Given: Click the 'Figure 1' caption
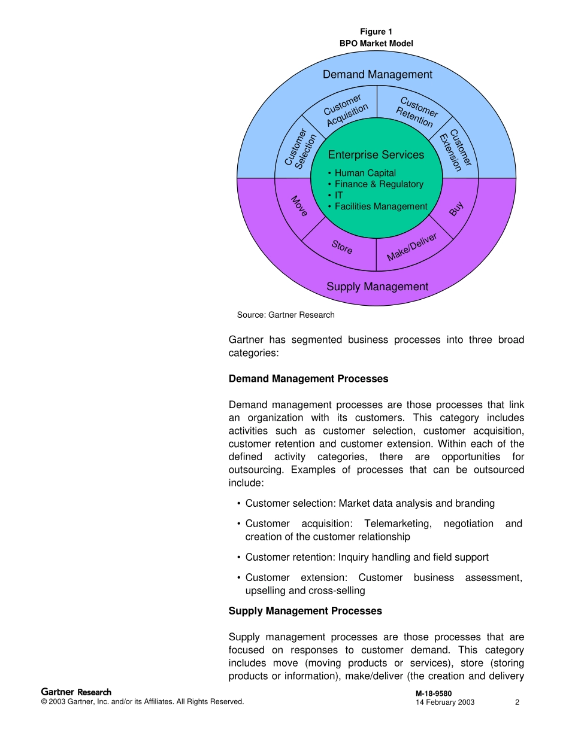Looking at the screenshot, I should pyautogui.click(x=376, y=32).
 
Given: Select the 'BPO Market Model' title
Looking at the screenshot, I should pyautogui.click(x=376, y=43).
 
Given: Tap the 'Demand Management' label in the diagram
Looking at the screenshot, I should pyautogui.click(x=377, y=74).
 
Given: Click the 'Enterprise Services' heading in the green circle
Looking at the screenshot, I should pyautogui.click(x=376, y=155).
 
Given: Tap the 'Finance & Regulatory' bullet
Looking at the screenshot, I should pyautogui.click(x=379, y=184).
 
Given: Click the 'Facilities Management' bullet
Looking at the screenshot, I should pyautogui.click(x=381, y=206).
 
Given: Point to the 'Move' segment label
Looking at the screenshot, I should pyautogui.click(x=299, y=206).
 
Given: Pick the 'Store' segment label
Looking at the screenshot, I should pyautogui.click(x=342, y=247).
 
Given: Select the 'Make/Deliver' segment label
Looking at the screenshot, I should pyautogui.click(x=411, y=247).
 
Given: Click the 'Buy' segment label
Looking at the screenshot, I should pyautogui.click(x=456, y=209).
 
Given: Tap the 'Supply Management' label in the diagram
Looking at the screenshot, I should pyautogui.click(x=377, y=287).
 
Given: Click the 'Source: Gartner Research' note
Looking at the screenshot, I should pyautogui.click(x=286, y=315).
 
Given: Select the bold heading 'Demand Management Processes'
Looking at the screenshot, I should pyautogui.click(x=308, y=379).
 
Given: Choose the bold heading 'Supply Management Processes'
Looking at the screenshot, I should pyautogui.click(x=305, y=611).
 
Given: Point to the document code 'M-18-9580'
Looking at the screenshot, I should pyautogui.click(x=434, y=694).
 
